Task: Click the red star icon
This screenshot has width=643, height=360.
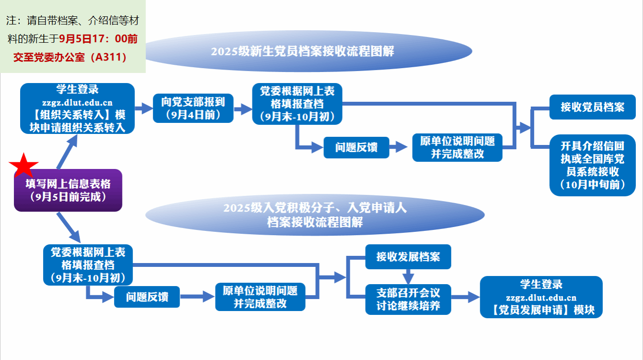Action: [24, 166]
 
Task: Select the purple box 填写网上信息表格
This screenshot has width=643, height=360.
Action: [68, 190]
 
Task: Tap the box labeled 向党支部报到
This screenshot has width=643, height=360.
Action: [193, 108]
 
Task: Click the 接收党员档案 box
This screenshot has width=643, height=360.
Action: [592, 107]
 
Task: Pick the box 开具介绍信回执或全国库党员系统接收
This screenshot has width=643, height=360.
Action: [592, 165]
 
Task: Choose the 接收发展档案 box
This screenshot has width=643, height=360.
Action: [408, 257]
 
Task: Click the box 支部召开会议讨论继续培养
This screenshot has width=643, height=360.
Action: [408, 299]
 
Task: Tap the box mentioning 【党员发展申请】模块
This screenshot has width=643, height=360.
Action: [541, 297]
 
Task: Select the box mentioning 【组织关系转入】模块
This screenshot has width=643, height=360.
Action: [77, 108]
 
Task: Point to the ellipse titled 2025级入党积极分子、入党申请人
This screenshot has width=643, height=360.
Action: [315, 215]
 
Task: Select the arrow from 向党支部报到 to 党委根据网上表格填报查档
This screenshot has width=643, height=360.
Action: [243, 109]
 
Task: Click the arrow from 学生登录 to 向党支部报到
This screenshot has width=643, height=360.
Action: [143, 108]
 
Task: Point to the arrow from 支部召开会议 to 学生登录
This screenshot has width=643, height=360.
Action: [465, 297]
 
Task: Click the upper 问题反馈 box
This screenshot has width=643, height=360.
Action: [356, 147]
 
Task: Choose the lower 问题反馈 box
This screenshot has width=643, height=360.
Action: [147, 297]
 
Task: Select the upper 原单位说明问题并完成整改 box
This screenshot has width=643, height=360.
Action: [457, 147]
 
